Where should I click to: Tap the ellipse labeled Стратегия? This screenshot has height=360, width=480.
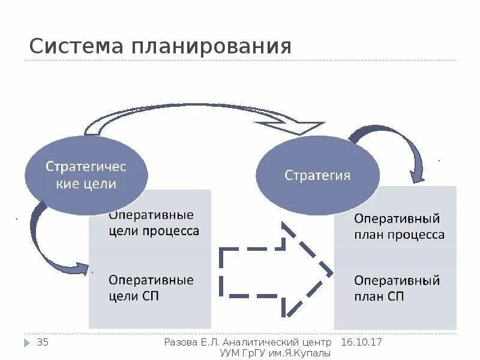point(317,175)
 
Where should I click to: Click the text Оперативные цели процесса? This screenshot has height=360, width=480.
point(154,223)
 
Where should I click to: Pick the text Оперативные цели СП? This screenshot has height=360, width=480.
point(151,287)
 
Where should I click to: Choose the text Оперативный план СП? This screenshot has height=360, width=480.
point(397,288)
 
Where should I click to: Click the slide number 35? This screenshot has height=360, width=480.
point(43,343)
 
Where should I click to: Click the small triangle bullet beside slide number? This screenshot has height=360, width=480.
point(27,343)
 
